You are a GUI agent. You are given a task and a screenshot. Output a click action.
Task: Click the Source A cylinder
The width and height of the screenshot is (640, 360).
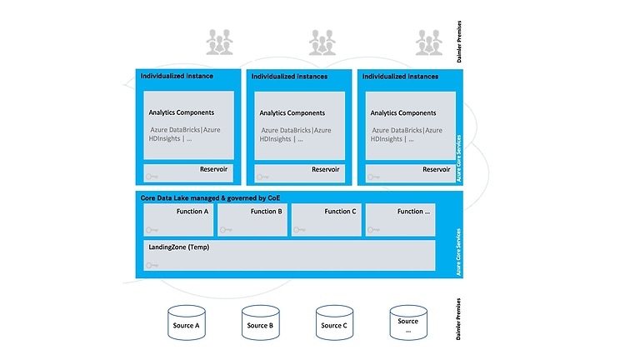[x=186, y=322]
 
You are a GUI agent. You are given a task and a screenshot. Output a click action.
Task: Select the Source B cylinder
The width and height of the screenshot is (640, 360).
[x=260, y=322]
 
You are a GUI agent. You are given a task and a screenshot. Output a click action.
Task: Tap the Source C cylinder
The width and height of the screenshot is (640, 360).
[x=333, y=322]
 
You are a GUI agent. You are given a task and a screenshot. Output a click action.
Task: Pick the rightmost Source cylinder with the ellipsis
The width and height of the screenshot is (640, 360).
[x=407, y=322]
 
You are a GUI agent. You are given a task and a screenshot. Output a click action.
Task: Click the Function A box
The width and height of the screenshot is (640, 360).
[x=177, y=220]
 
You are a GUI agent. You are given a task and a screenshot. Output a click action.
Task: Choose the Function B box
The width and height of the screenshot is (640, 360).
[x=252, y=220]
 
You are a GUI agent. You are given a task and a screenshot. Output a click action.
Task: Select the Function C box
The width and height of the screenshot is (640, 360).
[x=326, y=220]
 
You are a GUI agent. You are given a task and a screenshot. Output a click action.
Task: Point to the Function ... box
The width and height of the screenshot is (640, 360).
[x=400, y=220]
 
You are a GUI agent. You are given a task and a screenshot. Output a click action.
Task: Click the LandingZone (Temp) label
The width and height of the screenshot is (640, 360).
[x=177, y=247]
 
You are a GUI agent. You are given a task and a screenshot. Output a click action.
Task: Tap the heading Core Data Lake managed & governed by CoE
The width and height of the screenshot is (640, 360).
[x=197, y=197]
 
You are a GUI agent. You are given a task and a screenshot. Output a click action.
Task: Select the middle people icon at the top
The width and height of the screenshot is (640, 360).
[x=322, y=42]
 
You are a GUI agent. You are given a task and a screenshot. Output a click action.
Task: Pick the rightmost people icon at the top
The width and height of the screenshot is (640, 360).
[x=428, y=42]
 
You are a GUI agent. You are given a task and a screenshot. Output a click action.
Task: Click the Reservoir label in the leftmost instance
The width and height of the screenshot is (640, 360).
[x=214, y=169]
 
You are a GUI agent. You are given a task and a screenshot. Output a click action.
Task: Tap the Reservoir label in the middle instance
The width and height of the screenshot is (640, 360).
[x=325, y=169]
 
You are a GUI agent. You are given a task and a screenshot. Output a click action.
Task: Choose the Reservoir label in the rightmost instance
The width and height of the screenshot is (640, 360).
[x=436, y=169]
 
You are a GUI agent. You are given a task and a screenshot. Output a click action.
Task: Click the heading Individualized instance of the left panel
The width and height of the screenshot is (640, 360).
[x=177, y=77]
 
